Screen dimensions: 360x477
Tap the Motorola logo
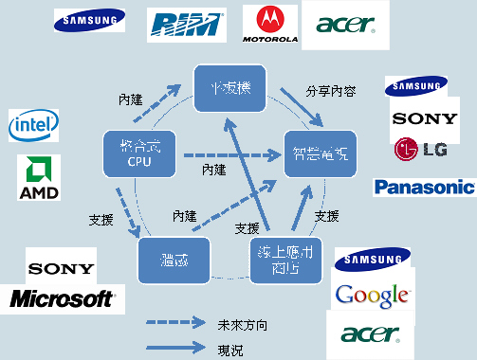270,26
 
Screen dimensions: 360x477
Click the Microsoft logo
62,299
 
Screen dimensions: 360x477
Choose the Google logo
373,295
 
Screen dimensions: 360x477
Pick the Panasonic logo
423,187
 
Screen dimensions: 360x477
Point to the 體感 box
173,259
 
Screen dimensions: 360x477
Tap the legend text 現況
229,349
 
